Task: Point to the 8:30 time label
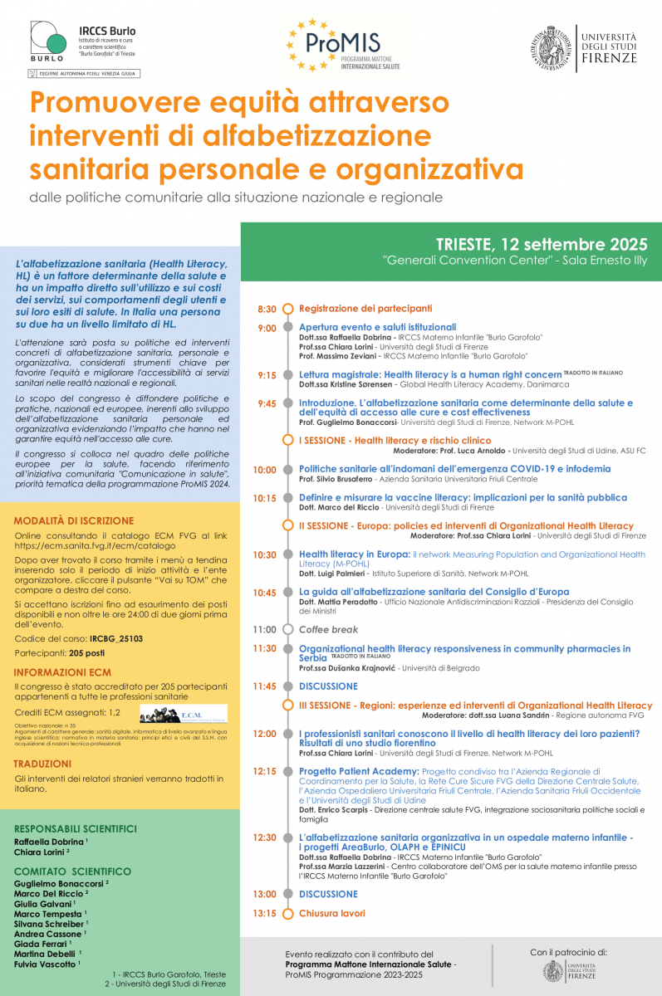point(267,309)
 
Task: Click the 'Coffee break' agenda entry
point(328,629)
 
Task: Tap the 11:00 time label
point(265,629)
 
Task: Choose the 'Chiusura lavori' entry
point(331,913)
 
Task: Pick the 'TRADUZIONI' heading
point(42,763)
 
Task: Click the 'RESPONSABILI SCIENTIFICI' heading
point(76,828)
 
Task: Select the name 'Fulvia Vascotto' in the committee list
point(46,964)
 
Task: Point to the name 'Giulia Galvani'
point(42,903)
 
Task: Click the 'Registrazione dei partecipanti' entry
point(365,308)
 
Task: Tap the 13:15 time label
point(265,913)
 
